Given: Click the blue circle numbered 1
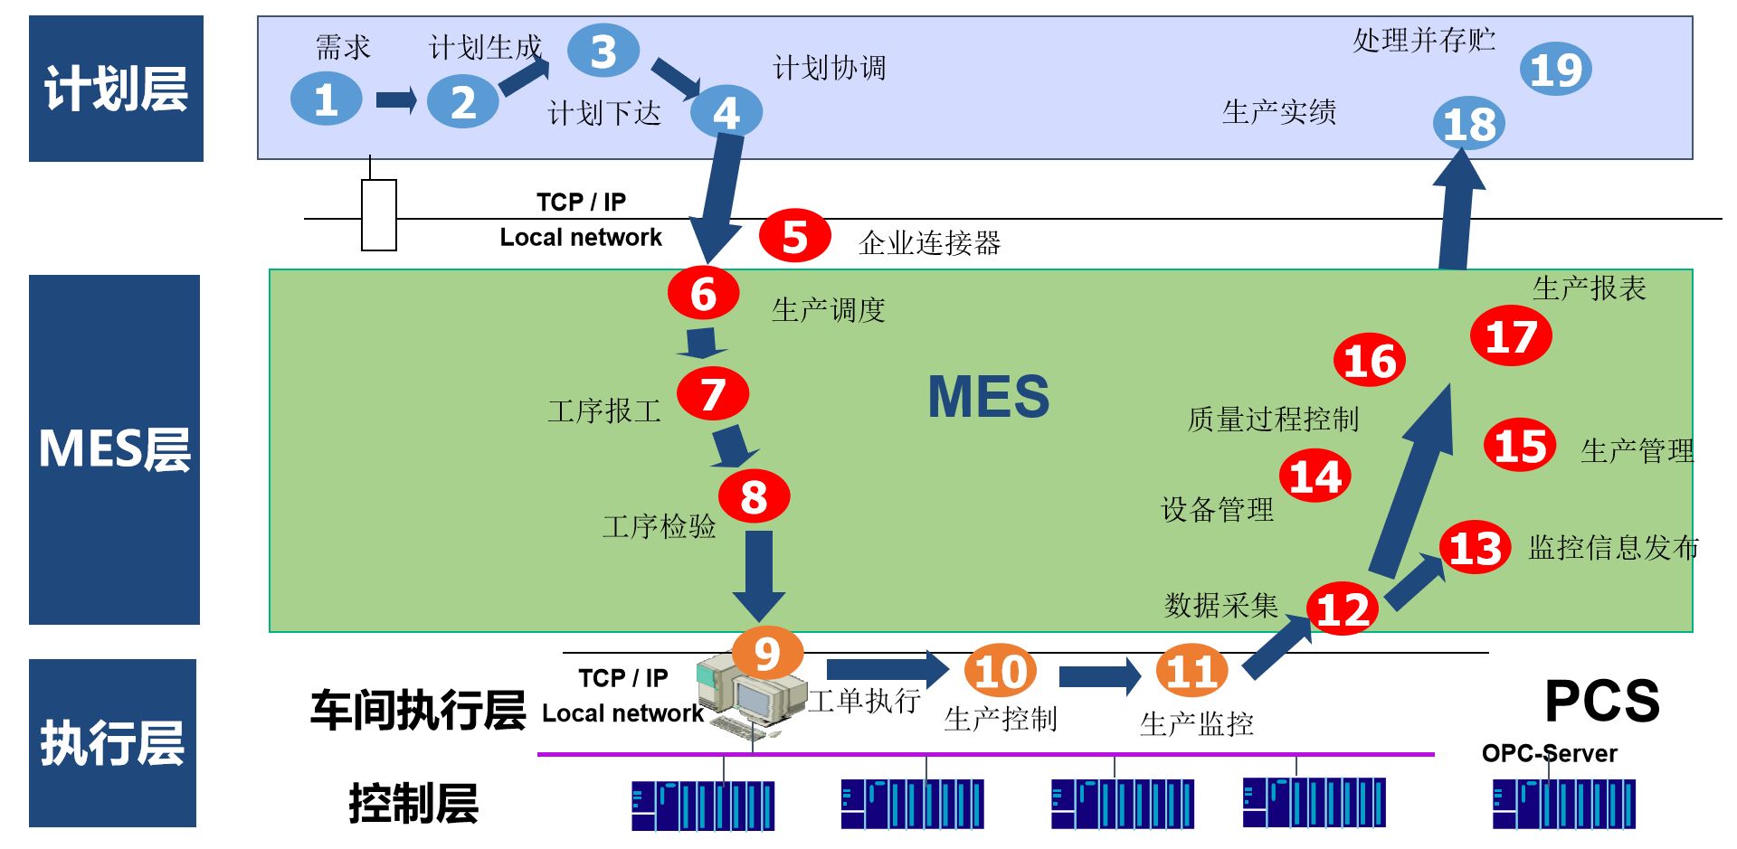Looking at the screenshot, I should click(x=326, y=99).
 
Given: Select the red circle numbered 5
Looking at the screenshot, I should click(x=794, y=236).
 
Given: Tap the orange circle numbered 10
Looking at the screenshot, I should click(x=1000, y=671).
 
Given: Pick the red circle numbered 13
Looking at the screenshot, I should click(x=1475, y=547).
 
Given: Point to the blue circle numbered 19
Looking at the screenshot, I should click(x=1555, y=70).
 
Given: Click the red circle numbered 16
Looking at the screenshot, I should click(x=1369, y=360).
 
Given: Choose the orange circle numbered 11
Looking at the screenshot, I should click(x=1191, y=671).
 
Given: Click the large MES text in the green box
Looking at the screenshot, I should click(x=989, y=396).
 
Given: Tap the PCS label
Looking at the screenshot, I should click(x=1601, y=701).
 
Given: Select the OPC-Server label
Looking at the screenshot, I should click(x=1549, y=753).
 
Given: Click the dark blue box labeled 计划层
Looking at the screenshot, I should click(x=116, y=89).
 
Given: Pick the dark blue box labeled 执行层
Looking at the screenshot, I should click(x=112, y=742).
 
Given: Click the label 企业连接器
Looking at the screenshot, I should click(x=929, y=242).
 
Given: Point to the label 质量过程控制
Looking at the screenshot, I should click(x=1273, y=419).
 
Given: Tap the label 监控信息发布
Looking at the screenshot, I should click(x=1613, y=547).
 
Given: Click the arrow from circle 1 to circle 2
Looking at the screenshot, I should click(x=395, y=99).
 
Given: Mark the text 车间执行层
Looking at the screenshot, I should click(x=417, y=710).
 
